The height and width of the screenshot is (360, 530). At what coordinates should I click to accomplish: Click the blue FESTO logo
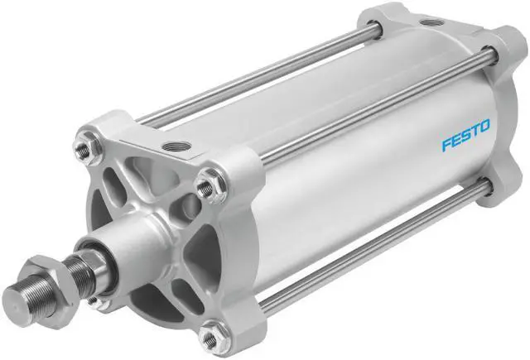click(x=465, y=135)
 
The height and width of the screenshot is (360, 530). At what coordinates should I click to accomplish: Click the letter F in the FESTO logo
click(x=447, y=144)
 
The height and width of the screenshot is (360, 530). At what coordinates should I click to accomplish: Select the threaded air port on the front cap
click(x=176, y=146)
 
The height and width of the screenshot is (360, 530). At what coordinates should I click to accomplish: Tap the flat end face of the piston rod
click(x=16, y=298)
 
